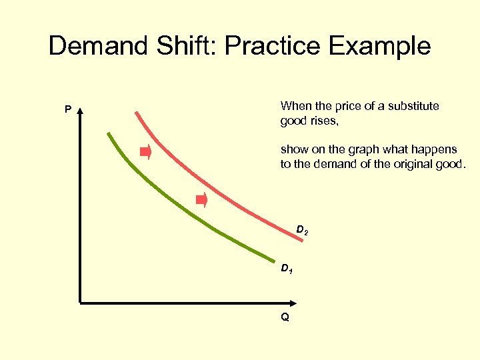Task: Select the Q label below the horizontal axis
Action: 285,317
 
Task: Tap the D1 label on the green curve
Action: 285,269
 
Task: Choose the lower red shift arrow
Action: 201,199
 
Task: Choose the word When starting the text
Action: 294,106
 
